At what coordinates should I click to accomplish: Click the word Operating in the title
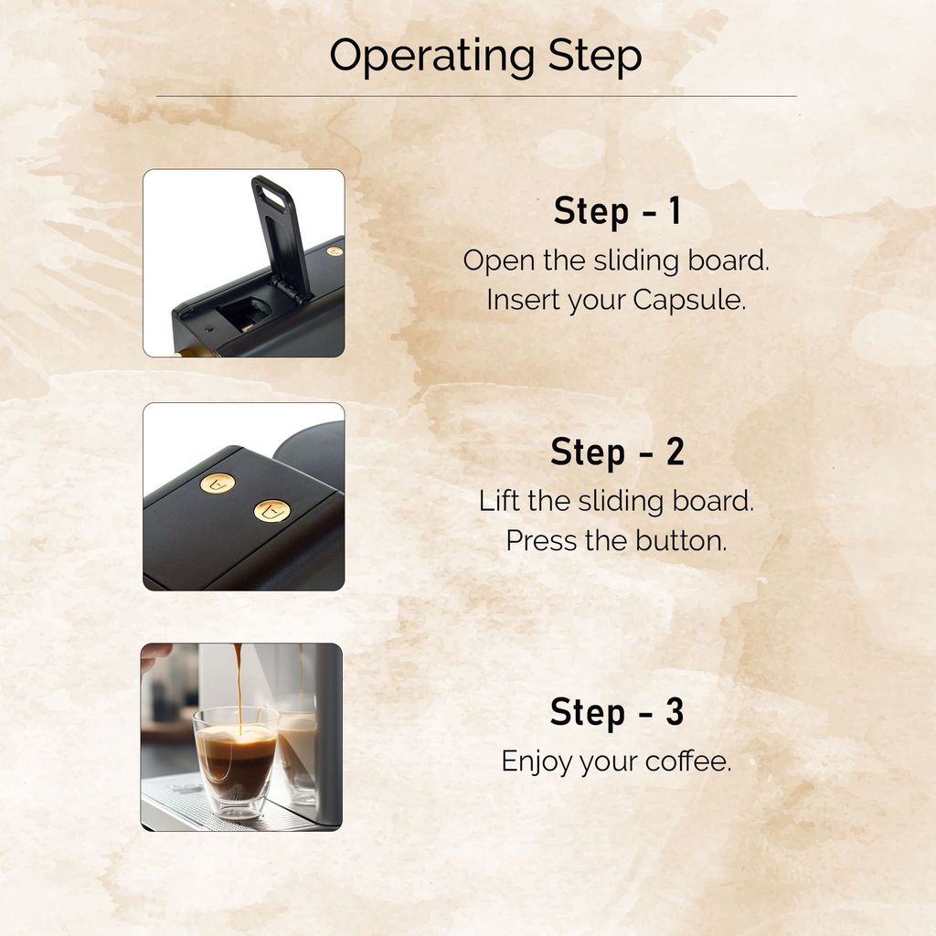click(x=432, y=57)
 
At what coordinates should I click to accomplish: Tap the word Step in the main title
click(x=594, y=57)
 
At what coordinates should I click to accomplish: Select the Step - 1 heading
click(x=617, y=211)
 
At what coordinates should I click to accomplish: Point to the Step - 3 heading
click(x=617, y=712)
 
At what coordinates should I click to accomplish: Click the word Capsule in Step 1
click(x=689, y=300)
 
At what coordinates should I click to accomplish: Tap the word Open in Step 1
click(x=499, y=261)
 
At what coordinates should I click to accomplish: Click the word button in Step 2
click(x=681, y=541)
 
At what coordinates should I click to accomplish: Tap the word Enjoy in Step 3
click(x=537, y=762)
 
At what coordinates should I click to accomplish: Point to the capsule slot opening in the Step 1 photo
click(x=246, y=314)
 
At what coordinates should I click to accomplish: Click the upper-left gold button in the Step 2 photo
click(x=218, y=483)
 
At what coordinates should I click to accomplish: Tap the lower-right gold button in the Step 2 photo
click(x=272, y=511)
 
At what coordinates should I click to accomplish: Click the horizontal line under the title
click(x=476, y=95)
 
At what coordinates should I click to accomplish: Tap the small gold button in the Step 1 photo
click(x=335, y=251)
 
